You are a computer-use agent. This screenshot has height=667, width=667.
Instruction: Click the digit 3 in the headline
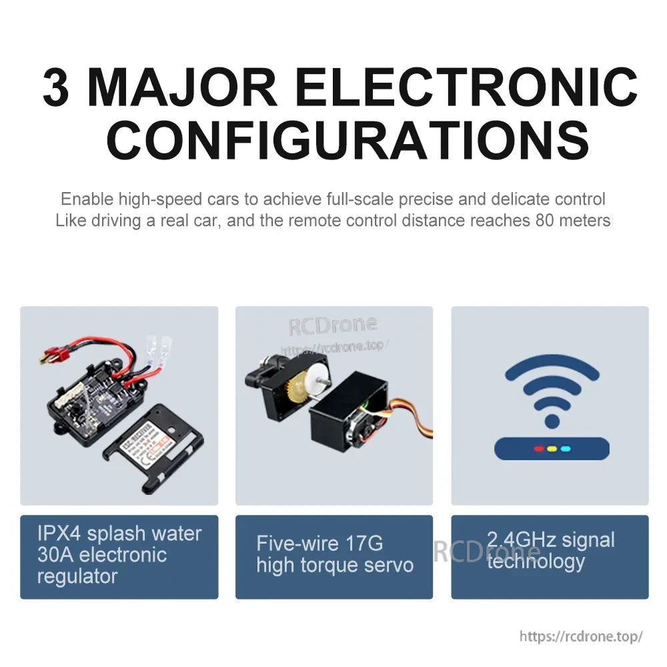(56, 87)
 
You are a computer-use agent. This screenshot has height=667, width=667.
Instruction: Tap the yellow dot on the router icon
(551, 448)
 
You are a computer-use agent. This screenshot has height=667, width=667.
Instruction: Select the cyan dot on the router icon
(566, 448)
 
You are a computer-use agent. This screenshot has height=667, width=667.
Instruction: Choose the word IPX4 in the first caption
(59, 534)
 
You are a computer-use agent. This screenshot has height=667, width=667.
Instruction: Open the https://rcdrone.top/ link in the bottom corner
(580, 636)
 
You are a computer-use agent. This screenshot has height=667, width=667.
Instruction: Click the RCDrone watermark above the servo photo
(332, 325)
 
